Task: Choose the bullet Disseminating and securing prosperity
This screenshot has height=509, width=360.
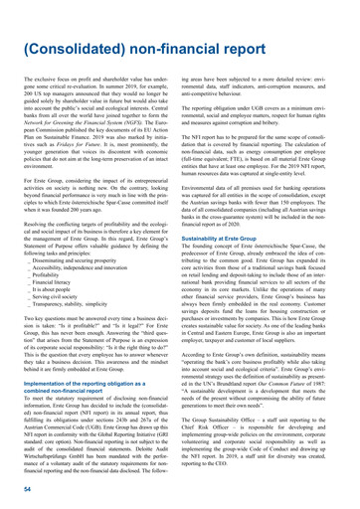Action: tap(80, 255)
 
